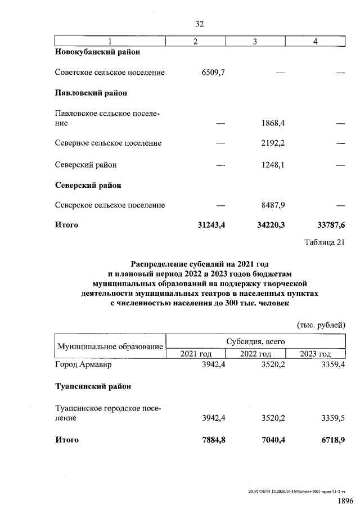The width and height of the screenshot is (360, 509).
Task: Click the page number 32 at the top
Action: (x=199, y=24)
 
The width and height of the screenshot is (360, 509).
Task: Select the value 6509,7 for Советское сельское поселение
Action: (x=213, y=73)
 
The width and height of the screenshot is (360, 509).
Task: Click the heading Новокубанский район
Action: (x=97, y=52)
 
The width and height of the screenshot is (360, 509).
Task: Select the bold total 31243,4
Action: (x=209, y=226)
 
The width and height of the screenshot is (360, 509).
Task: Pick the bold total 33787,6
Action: (x=331, y=226)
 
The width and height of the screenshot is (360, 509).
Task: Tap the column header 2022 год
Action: (x=255, y=353)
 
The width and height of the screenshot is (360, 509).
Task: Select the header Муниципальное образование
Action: (x=110, y=347)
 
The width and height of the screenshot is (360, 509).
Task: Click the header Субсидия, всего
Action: (x=255, y=341)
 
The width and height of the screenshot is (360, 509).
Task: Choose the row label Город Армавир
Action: (x=83, y=364)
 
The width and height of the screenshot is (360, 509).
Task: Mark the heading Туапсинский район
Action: (x=93, y=387)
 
